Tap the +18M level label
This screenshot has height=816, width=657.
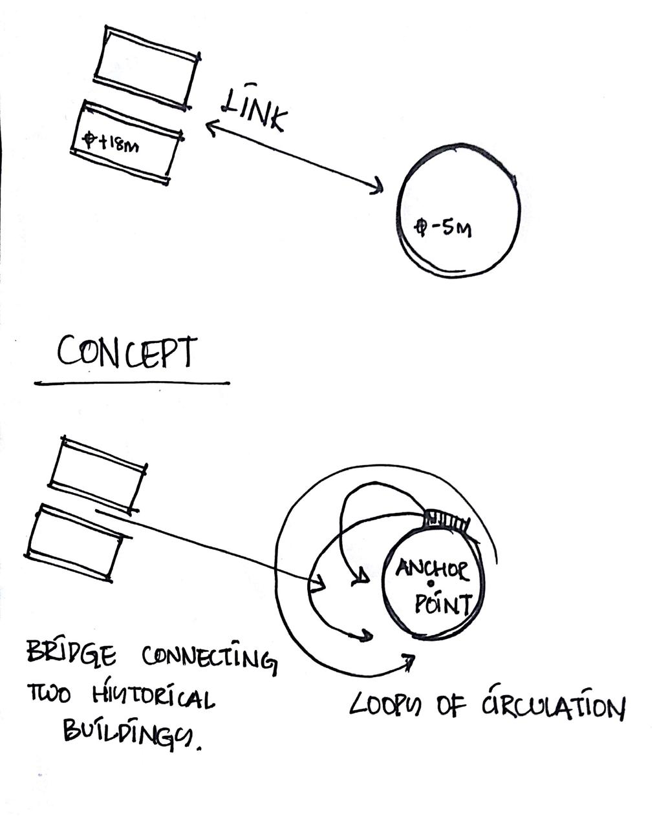[x=111, y=142]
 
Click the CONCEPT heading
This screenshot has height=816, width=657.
[x=126, y=353]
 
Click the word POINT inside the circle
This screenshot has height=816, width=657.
[x=442, y=605]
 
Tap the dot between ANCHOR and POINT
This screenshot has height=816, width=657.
[x=431, y=585]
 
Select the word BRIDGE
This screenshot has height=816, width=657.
[x=71, y=654]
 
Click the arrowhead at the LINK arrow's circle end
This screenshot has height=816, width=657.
[x=377, y=188]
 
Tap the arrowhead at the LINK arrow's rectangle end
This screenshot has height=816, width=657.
[x=211, y=128]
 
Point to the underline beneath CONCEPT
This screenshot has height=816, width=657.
[x=132, y=383]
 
